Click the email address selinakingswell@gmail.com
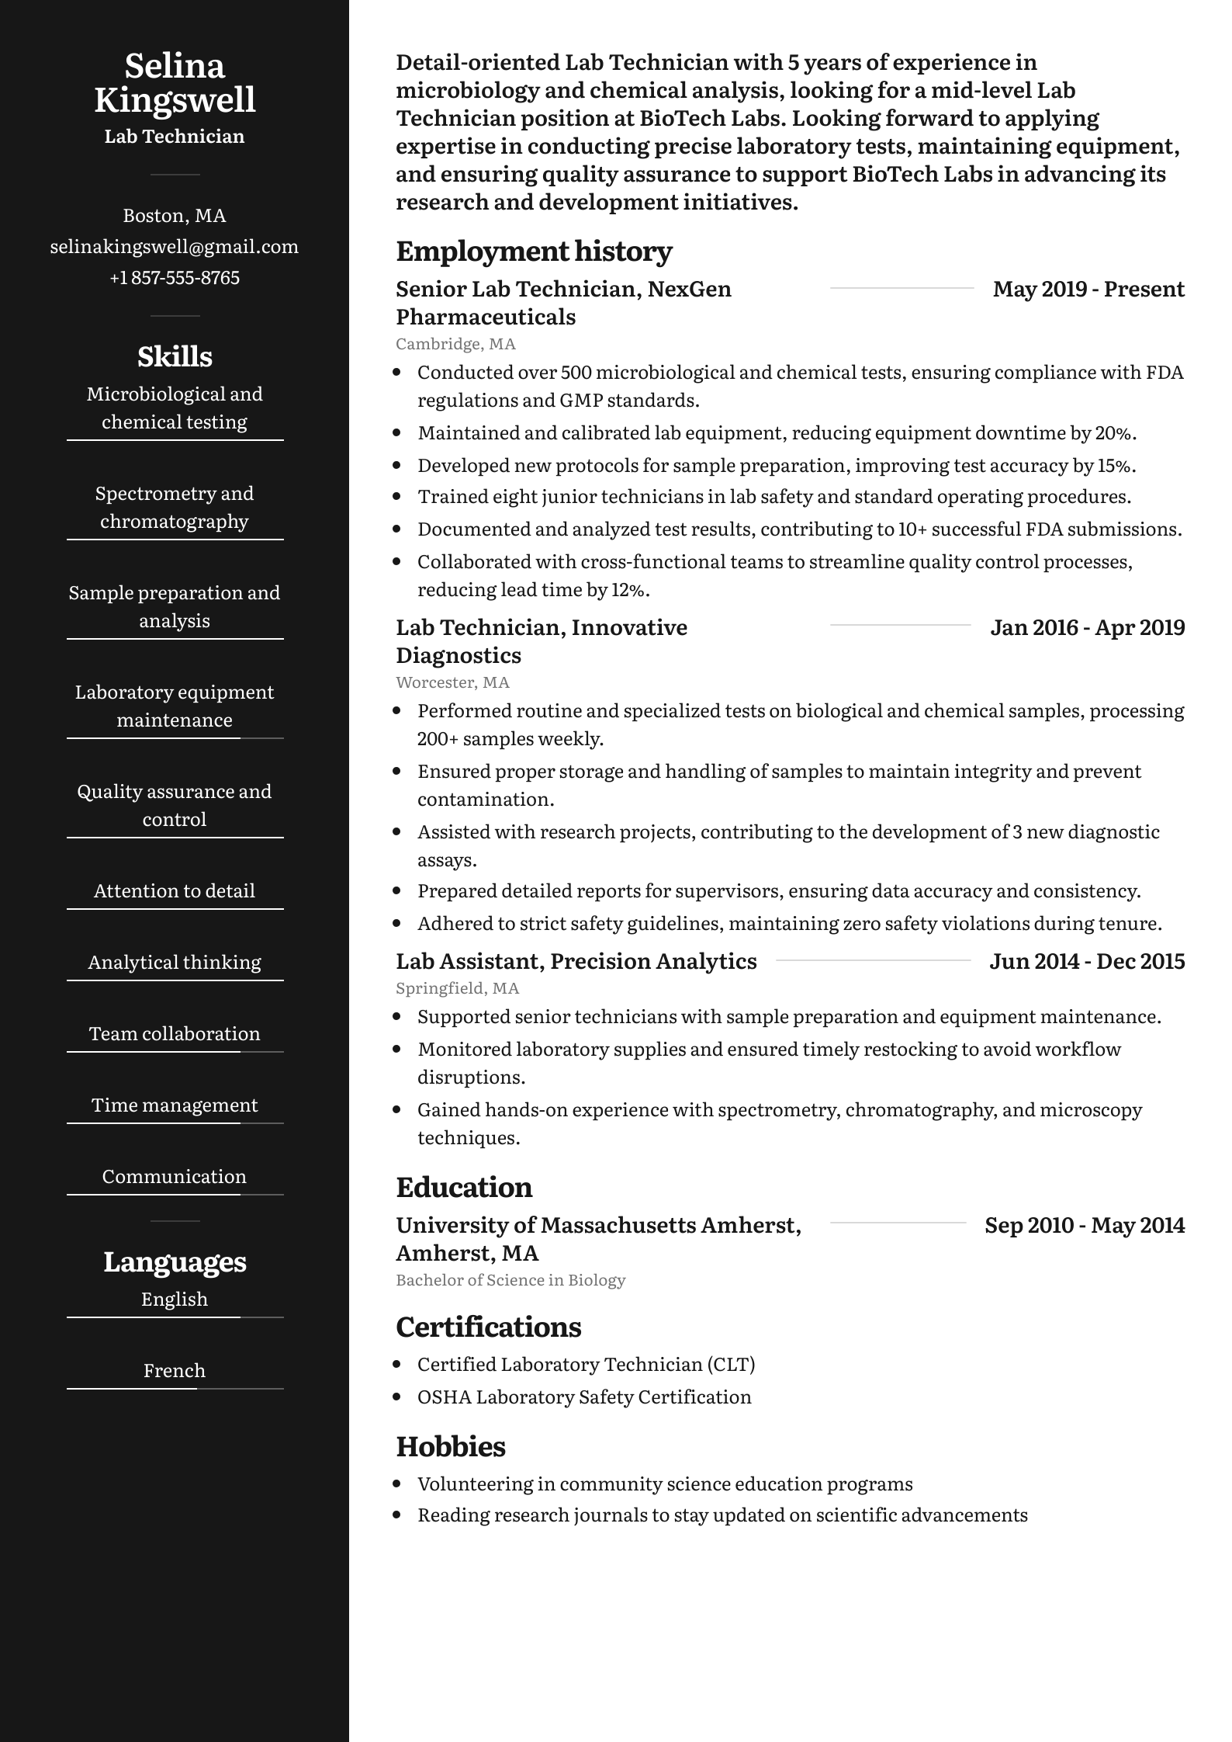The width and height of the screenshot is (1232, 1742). pyautogui.click(x=175, y=247)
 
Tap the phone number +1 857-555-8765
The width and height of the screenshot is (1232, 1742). pyautogui.click(x=175, y=278)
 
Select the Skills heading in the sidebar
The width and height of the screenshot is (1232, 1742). pyautogui.click(x=175, y=356)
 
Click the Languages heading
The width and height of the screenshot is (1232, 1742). pyautogui.click(x=175, y=1261)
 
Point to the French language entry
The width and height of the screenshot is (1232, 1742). pyautogui.click(x=175, y=1370)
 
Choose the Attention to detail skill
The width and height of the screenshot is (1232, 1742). pyautogui.click(x=175, y=890)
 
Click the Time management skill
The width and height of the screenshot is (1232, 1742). pyautogui.click(x=175, y=1105)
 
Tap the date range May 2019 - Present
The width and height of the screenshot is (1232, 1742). pyautogui.click(x=1088, y=289)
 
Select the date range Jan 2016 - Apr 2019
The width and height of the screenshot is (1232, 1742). pyautogui.click(x=1087, y=627)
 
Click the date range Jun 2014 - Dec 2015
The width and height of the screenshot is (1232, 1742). pyautogui.click(x=1087, y=961)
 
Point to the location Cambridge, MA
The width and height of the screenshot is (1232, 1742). pyautogui.click(x=455, y=343)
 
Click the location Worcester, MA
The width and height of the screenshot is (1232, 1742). pyautogui.click(x=452, y=682)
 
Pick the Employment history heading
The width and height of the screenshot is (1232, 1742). pyautogui.click(x=534, y=251)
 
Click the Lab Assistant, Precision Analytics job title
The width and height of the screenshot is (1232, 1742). pyautogui.click(x=576, y=961)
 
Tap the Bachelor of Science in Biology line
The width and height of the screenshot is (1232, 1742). pyautogui.click(x=510, y=1279)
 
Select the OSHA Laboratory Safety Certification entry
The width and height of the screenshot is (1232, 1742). pyautogui.click(x=584, y=1397)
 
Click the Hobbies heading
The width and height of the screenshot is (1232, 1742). pyautogui.click(x=451, y=1446)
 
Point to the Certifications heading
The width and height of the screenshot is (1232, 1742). pyautogui.click(x=489, y=1327)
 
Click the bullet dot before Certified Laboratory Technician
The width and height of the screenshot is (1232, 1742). pyautogui.click(x=398, y=1364)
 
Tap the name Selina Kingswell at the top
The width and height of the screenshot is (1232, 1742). pyautogui.click(x=175, y=82)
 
